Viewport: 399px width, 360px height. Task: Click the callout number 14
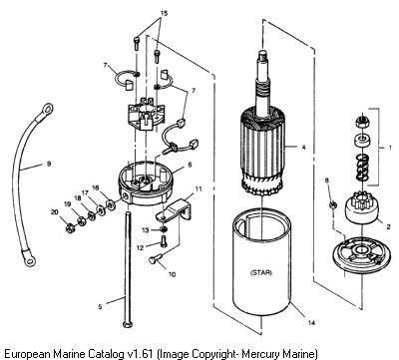(311, 322)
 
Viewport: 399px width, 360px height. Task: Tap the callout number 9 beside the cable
(49, 164)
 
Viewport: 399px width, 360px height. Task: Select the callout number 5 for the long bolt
(100, 306)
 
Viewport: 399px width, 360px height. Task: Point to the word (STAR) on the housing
(260, 273)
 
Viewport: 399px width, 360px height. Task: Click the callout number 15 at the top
(165, 13)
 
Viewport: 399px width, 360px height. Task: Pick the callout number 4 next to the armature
(303, 147)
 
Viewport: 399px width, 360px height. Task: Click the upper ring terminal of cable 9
(47, 109)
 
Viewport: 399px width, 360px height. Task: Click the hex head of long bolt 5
(128, 324)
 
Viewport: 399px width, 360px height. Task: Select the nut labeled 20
(70, 228)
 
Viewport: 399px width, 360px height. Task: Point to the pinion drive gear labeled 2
(361, 208)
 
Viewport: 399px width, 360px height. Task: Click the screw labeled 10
(156, 258)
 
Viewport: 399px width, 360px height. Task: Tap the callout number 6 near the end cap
(190, 165)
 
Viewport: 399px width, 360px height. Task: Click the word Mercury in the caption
(259, 352)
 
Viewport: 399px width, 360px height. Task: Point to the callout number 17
(85, 192)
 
